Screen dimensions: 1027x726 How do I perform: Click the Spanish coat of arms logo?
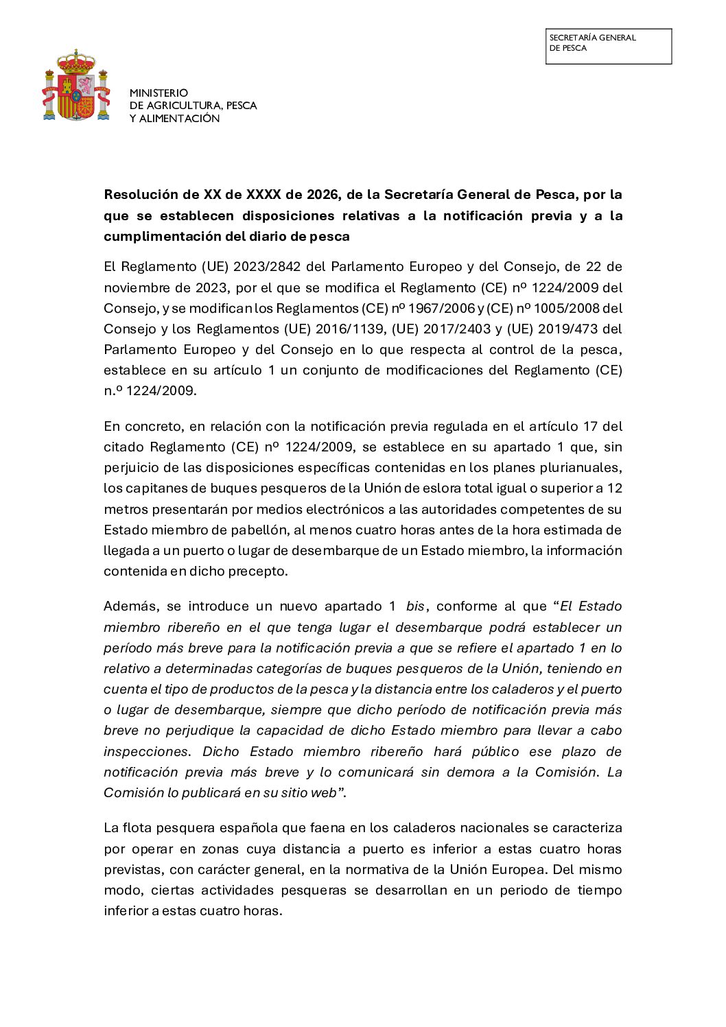pyautogui.click(x=76, y=85)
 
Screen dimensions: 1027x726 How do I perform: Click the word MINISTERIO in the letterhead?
pyautogui.click(x=159, y=93)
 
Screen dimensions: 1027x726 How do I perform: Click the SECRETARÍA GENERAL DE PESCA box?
pyautogui.click(x=608, y=46)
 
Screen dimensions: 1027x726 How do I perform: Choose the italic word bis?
pyautogui.click(x=415, y=606)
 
